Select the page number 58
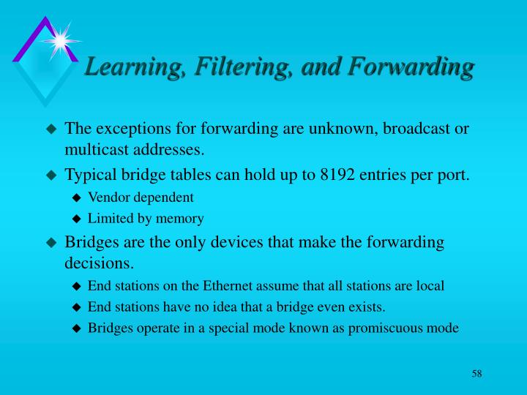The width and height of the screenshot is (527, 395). point(476,374)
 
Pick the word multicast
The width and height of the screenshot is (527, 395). point(94,150)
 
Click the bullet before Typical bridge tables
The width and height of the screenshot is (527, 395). point(51,176)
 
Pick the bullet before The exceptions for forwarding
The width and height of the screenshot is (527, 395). point(51,129)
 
